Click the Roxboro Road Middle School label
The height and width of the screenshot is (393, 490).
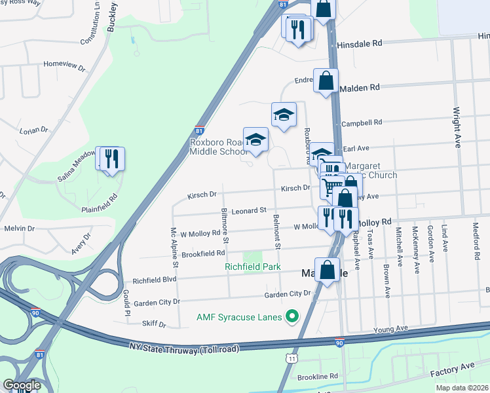click(216, 147)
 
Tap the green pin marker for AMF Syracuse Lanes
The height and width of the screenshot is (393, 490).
click(293, 318)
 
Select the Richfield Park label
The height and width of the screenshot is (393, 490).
click(252, 267)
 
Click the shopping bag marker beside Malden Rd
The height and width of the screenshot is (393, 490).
click(326, 82)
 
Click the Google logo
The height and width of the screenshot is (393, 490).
click(21, 385)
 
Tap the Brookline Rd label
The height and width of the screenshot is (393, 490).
click(316, 377)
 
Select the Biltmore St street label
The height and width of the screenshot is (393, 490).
click(224, 223)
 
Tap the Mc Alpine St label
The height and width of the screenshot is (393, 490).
click(174, 248)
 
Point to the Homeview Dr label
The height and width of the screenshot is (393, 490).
click(64, 64)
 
